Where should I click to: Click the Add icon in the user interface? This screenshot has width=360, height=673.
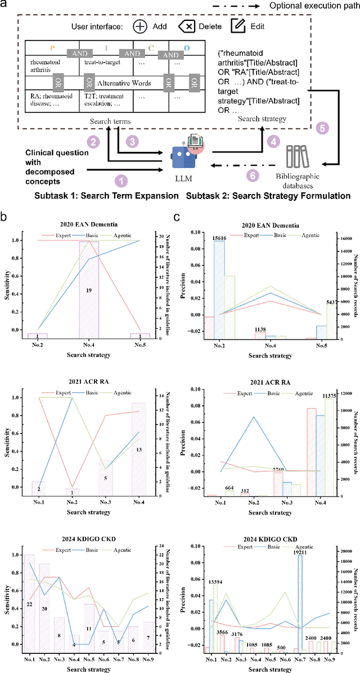click(x=140, y=26)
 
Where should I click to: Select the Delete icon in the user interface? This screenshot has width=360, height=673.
click(x=186, y=26)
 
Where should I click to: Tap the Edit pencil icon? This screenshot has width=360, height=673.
click(x=238, y=26)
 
